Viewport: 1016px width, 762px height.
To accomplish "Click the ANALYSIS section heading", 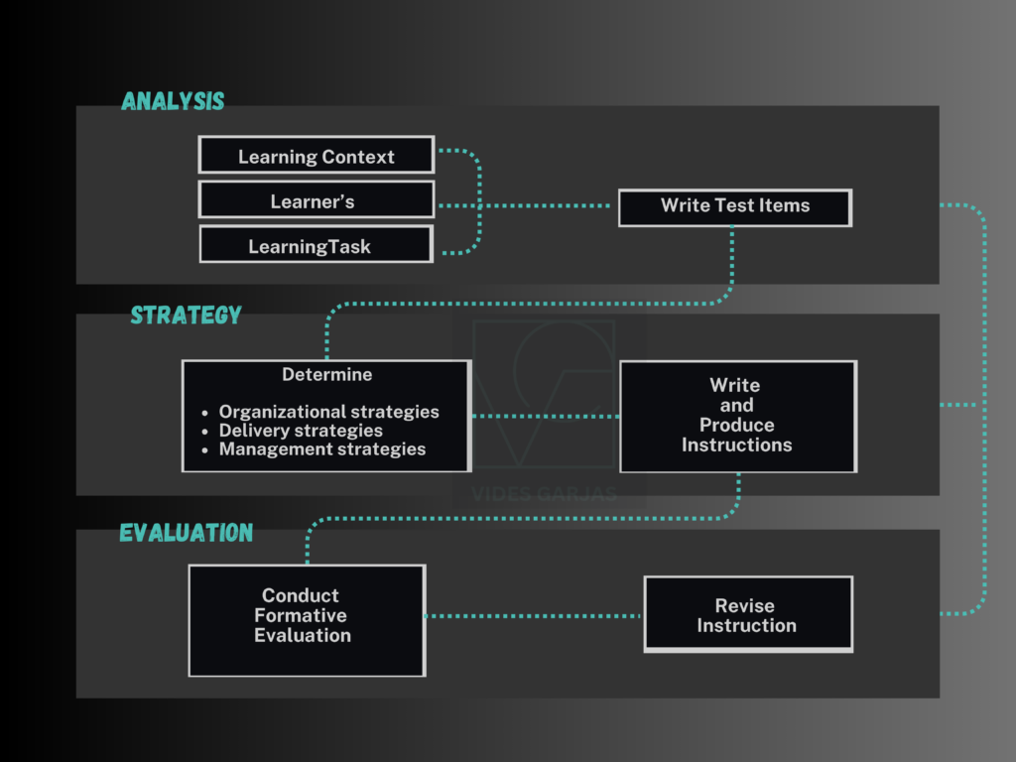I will point(173,101).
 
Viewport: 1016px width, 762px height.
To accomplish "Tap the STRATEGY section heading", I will point(187,316).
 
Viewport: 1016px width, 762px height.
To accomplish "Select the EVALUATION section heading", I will point(187,533).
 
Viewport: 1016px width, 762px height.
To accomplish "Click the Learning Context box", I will point(317,156).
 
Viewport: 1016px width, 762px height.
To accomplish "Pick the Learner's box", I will point(317,200).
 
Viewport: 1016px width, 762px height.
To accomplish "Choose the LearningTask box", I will point(316,245).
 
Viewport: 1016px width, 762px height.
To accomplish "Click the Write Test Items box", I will point(734,206).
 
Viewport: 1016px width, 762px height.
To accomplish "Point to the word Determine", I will point(326,375).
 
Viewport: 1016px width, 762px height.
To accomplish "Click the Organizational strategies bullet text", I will point(328,412).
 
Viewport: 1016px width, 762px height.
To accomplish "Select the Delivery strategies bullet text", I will point(301,431).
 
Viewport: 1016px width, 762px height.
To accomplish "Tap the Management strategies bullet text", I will point(321,449).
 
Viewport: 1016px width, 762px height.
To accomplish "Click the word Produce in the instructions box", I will point(736,426).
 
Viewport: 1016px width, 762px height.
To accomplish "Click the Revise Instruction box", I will point(747,614).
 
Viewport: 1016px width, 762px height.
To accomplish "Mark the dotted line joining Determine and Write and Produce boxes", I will point(545,417).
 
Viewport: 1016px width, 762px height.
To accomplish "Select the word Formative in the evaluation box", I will point(301,616).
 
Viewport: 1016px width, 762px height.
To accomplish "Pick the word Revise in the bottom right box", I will point(745,605).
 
